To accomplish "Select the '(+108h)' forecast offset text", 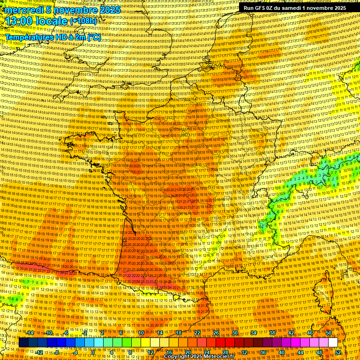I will click(83, 21).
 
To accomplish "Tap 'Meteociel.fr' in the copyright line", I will click(217, 357).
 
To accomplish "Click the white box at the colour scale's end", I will click(333, 343).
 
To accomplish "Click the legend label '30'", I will click(235, 333).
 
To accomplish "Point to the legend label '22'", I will click(197, 333).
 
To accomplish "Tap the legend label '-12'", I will click(39, 352).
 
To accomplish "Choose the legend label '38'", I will click(272, 333).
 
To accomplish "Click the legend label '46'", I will click(310, 333).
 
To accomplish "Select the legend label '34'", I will click(254, 333).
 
